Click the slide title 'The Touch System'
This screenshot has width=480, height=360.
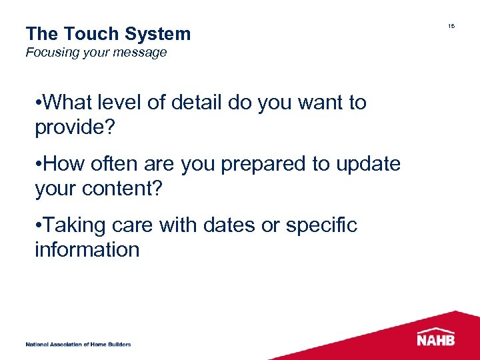(108, 34)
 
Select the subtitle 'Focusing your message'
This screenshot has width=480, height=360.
(96, 53)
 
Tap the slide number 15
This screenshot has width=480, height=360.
(451, 26)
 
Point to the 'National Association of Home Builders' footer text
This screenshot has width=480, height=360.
(78, 344)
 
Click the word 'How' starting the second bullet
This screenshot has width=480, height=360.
(63, 164)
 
